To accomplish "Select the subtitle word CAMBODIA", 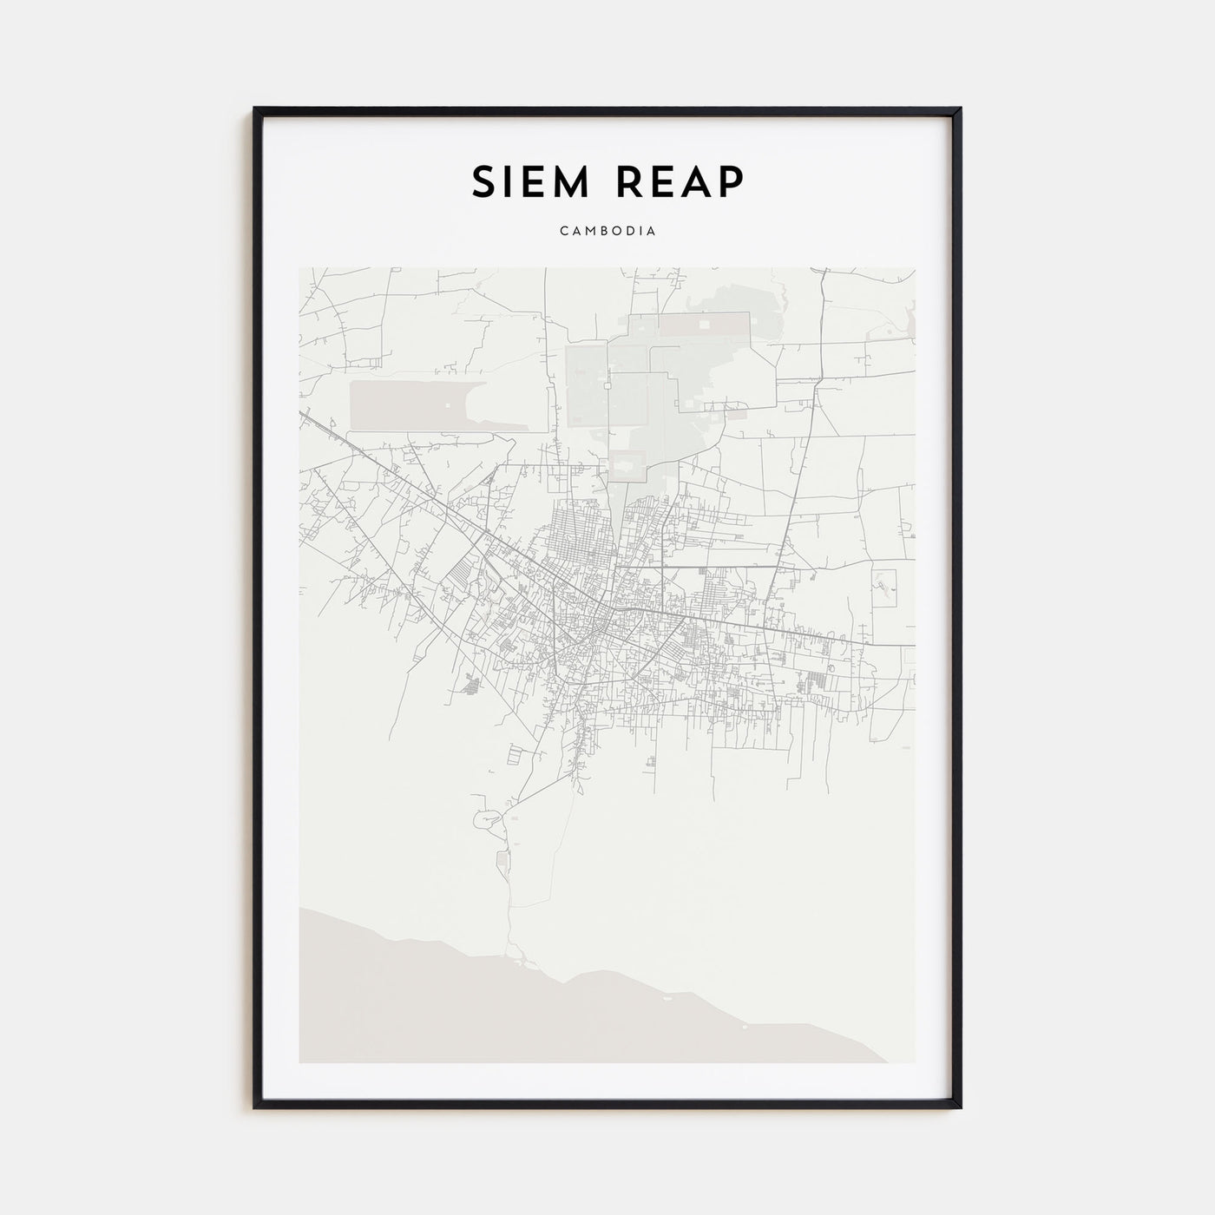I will pyautogui.click(x=607, y=232).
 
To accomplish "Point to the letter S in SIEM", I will pyautogui.click(x=483, y=182).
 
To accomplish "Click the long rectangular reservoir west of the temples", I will pyautogui.click(x=408, y=404).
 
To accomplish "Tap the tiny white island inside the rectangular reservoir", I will pyautogui.click(x=447, y=405).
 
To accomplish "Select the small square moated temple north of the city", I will pyautogui.click(x=628, y=464).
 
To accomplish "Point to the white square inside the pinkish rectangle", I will pyautogui.click(x=704, y=324).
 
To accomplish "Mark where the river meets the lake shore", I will pyautogui.click(x=518, y=962).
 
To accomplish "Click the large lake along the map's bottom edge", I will pyautogui.click(x=521, y=1015).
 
